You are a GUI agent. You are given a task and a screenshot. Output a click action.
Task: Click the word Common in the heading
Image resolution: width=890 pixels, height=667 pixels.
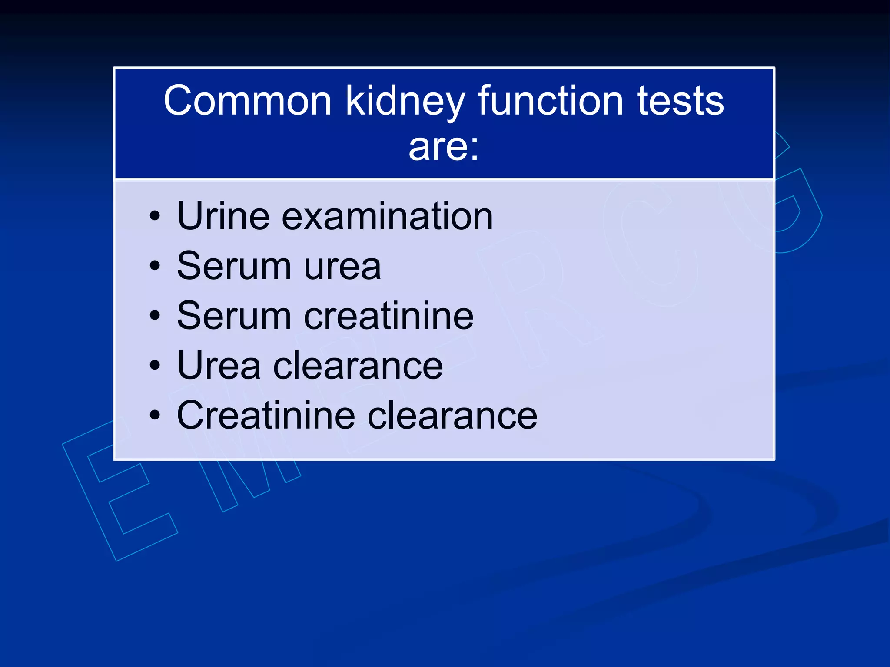248,101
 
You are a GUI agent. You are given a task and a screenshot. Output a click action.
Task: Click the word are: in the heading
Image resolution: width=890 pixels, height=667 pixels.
444,147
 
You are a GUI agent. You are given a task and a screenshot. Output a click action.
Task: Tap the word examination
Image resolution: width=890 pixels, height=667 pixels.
387,216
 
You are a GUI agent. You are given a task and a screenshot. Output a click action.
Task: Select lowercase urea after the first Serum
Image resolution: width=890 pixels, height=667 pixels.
342,267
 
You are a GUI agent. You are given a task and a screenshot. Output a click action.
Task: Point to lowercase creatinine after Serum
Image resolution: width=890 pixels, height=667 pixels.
389,316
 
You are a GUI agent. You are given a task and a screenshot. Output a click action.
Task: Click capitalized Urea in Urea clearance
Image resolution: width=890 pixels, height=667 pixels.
219,366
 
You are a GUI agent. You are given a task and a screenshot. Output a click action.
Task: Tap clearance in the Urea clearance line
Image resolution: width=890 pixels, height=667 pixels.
358,366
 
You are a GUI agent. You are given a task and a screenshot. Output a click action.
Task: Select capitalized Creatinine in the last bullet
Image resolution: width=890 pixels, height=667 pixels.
266,416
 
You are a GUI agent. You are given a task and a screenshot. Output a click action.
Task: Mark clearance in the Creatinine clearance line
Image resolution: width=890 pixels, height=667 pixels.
452,416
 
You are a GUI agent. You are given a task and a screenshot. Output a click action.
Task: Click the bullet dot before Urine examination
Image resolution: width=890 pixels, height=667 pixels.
155,216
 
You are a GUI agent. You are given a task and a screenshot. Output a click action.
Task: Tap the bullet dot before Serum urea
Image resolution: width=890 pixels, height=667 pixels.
155,266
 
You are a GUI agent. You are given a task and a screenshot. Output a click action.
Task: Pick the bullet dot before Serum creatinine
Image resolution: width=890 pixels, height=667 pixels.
155,316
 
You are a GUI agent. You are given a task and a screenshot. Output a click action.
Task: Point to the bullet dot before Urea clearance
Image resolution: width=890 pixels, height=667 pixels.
155,366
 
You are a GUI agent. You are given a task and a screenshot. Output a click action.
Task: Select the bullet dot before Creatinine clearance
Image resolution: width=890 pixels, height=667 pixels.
155,416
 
